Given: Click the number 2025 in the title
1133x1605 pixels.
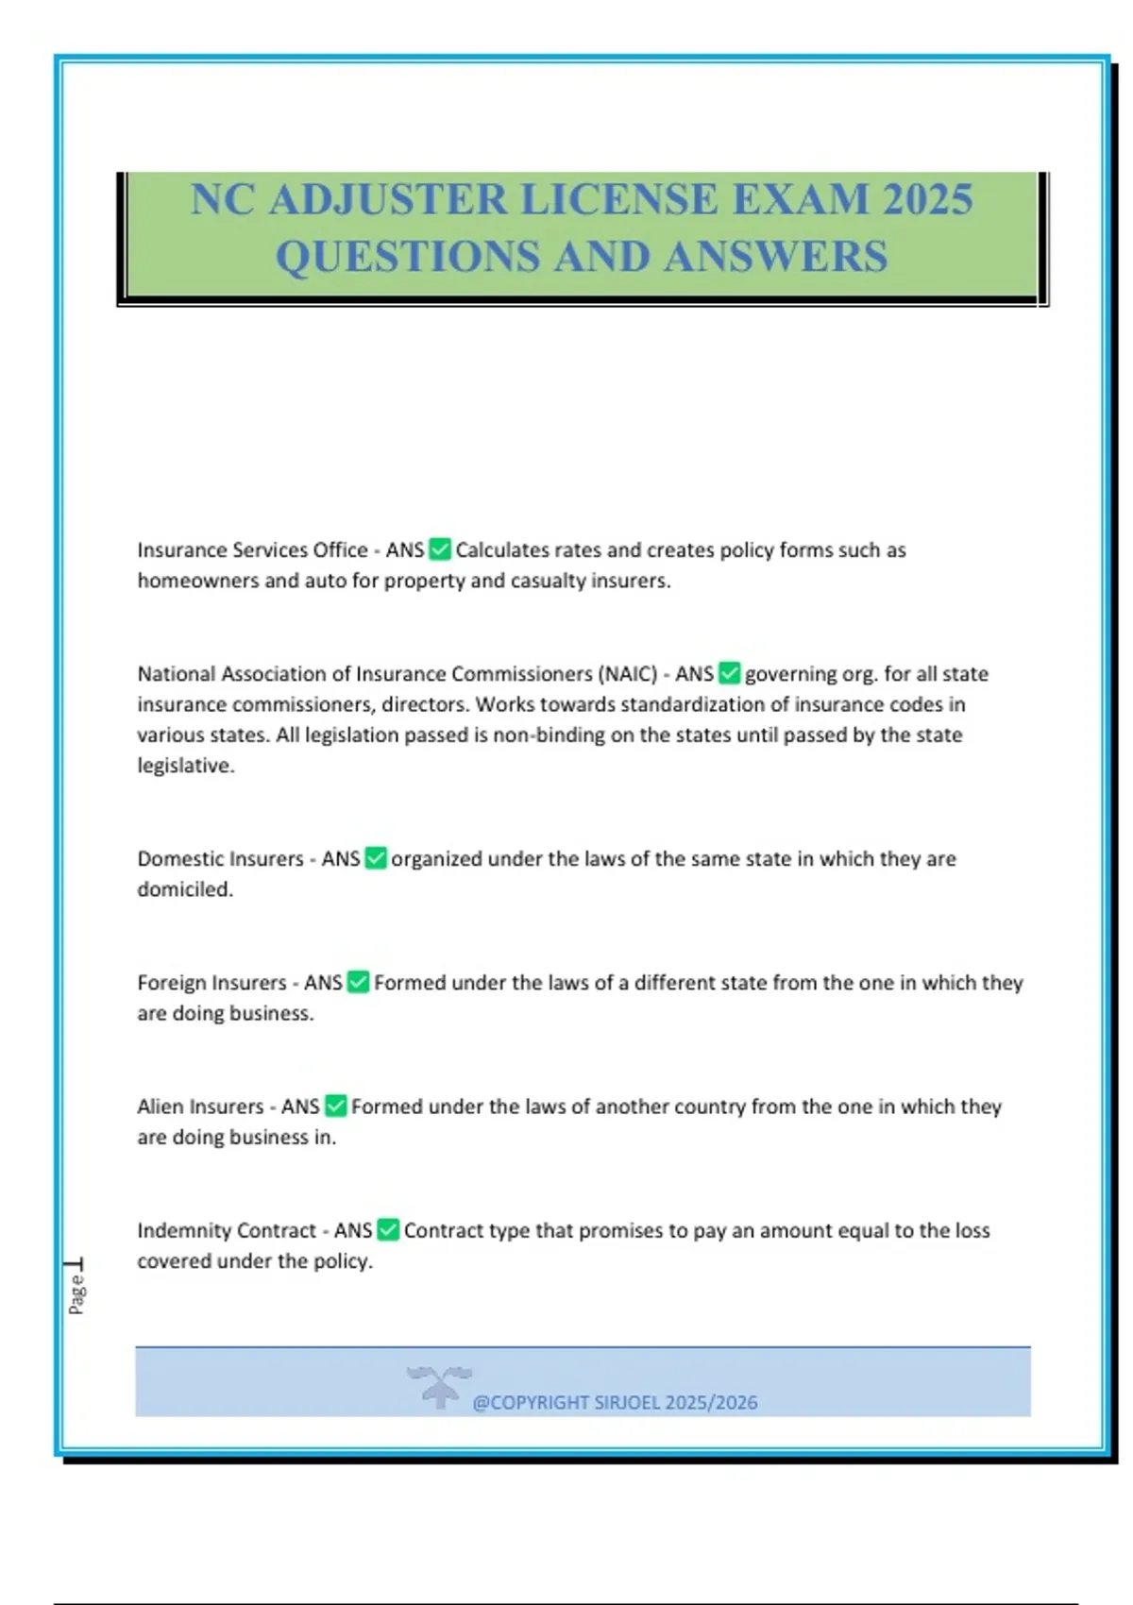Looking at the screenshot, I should click(x=927, y=199).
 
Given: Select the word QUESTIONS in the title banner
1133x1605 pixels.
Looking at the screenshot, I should click(x=408, y=257).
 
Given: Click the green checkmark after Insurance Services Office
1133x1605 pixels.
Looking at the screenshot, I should click(x=440, y=549).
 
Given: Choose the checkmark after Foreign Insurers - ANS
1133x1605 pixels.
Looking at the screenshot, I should click(x=358, y=982).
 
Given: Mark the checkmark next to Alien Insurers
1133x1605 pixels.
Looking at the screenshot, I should click(x=335, y=1106).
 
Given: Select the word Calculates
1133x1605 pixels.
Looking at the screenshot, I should click(x=502, y=549).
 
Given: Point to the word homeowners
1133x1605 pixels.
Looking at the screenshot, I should click(x=197, y=581).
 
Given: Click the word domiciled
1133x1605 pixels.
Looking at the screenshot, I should click(x=184, y=889).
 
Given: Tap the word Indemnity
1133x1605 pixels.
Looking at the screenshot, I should click(x=178, y=1230).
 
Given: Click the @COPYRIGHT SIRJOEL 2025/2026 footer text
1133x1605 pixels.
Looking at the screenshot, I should click(x=615, y=1402).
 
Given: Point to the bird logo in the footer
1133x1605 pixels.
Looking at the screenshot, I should click(x=439, y=1385).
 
